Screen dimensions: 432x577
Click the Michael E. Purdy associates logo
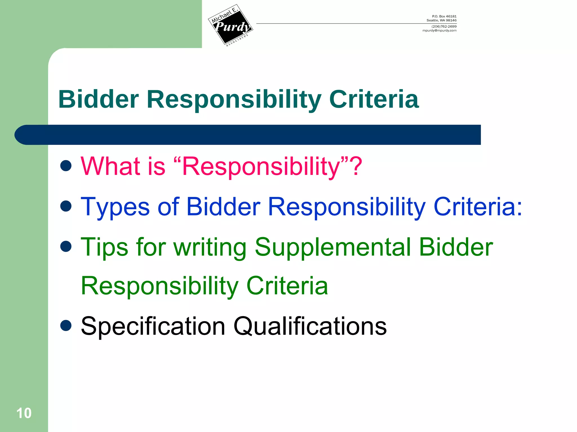[230, 26]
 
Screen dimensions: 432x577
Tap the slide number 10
[24, 413]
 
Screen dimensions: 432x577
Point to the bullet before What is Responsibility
[66, 166]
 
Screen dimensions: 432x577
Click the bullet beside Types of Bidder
[66, 206]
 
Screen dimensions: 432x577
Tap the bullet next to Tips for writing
[66, 246]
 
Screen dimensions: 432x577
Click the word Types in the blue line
[115, 207]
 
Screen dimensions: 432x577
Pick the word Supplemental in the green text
[333, 247]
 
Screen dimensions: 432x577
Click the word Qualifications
[310, 326]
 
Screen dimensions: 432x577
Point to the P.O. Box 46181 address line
[444, 16]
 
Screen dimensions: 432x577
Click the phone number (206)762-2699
[444, 26]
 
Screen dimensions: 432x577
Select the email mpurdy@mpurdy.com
[439, 31]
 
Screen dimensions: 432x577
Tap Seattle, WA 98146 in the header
[441, 20]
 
